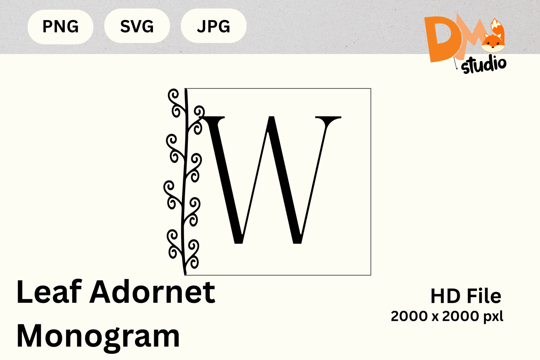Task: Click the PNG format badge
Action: tap(60, 27)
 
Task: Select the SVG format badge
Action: tap(137, 26)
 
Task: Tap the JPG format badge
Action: tap(213, 26)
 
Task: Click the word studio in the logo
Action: tap(483, 65)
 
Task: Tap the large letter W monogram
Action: tap(271, 180)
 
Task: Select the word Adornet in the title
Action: tap(152, 292)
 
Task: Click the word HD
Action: tap(446, 296)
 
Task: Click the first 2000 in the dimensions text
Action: tap(409, 316)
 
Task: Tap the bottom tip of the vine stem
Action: tap(185, 274)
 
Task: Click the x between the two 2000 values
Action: tap(435, 317)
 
